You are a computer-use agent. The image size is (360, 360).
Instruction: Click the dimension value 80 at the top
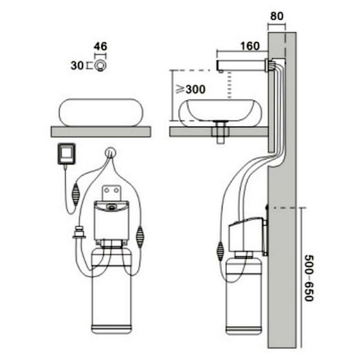point(276,16)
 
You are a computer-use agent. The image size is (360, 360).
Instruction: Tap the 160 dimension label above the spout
point(250,46)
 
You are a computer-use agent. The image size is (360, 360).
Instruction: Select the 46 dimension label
point(100,46)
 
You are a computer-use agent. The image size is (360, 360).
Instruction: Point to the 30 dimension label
point(77,66)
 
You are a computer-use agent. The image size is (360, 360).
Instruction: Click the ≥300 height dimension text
point(191,89)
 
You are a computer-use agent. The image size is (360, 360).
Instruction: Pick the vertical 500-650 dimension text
point(309,278)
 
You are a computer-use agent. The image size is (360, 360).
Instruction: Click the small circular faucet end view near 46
point(100,66)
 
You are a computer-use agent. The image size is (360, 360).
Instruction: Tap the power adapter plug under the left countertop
point(66,154)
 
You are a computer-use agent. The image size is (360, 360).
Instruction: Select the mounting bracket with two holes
point(112,193)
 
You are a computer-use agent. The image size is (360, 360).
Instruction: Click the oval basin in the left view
point(101,112)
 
